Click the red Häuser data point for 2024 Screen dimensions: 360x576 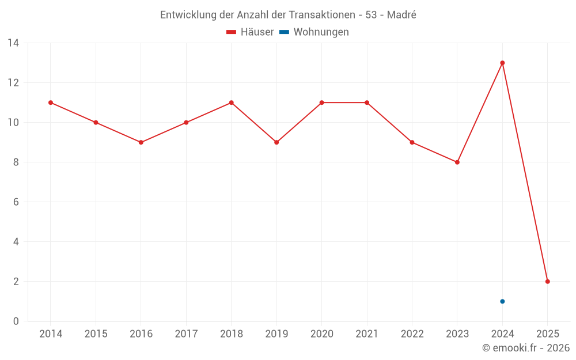(x=502, y=63)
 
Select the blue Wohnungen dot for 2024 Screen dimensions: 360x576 (x=502, y=301)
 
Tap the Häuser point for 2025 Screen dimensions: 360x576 (x=548, y=282)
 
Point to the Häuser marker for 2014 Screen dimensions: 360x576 (x=51, y=103)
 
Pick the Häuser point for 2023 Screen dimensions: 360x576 (x=457, y=162)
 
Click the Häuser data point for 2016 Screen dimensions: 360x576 (x=141, y=142)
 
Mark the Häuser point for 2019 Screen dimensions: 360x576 (x=276, y=142)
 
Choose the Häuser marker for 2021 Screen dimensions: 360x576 (x=367, y=103)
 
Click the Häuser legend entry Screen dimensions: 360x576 (x=251, y=32)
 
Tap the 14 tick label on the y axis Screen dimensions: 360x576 (x=13, y=43)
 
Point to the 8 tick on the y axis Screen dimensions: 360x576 (x=16, y=162)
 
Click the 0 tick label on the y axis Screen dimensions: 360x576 (x=16, y=321)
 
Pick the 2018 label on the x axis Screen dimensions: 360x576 (x=231, y=334)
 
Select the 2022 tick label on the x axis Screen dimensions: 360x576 (x=412, y=334)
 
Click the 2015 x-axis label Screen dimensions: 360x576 (x=96, y=334)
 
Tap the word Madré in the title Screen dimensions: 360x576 (x=401, y=15)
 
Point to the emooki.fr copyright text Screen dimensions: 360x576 (x=526, y=348)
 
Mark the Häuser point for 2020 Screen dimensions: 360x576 (x=321, y=103)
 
